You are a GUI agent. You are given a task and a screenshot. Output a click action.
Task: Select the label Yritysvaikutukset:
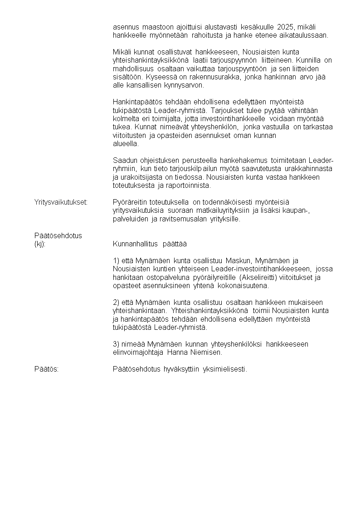(61, 202)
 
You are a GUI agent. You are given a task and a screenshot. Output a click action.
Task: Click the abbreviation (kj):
(40, 244)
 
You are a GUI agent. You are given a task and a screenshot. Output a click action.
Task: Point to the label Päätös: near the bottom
(46, 369)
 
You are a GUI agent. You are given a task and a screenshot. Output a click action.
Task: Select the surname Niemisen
(207, 352)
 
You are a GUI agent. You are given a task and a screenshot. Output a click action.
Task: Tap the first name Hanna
(178, 352)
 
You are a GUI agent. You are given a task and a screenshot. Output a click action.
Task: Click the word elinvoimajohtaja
(138, 352)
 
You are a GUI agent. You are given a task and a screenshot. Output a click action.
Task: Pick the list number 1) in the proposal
(116, 260)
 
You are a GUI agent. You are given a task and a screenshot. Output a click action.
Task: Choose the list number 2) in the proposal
(116, 302)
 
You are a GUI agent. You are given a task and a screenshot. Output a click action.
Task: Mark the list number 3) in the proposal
(116, 344)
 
